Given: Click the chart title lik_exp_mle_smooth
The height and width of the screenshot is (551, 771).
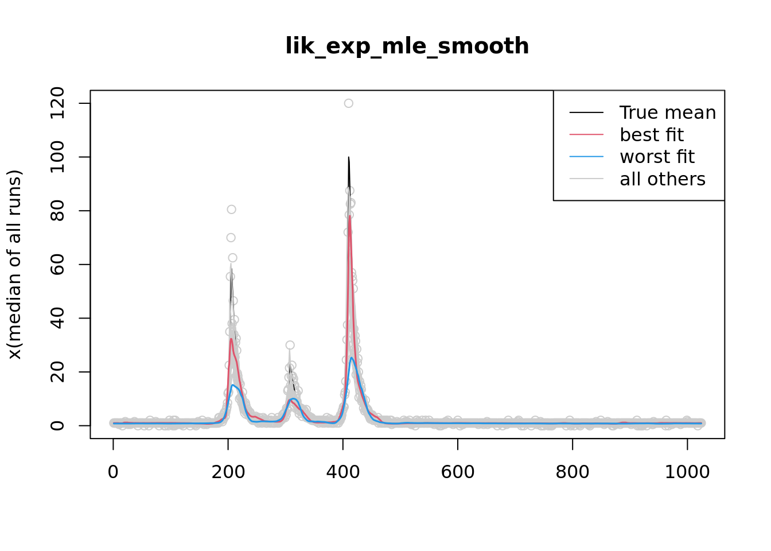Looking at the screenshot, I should point(407,46).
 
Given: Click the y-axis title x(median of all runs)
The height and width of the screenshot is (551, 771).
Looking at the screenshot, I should point(14,264).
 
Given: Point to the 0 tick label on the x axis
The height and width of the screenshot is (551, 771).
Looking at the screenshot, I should point(113,472).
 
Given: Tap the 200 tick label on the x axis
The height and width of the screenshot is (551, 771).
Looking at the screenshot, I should point(228,472).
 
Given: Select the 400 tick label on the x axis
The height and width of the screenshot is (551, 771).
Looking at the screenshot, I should point(342,472).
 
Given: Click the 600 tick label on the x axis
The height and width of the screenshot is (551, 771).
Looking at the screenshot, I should point(457,472).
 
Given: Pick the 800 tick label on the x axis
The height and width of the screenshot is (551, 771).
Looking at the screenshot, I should point(572,472).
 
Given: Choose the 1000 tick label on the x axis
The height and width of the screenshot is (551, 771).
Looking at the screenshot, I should point(687,472).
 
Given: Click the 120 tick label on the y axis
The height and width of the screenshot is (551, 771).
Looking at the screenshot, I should point(57,103).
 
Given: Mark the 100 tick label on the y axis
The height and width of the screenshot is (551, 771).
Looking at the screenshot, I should point(57,157).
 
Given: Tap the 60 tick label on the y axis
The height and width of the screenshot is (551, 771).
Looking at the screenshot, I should point(57,265).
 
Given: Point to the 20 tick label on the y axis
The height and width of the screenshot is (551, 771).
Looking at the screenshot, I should point(57,372).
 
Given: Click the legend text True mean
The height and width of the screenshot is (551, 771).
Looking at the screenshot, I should point(667,112).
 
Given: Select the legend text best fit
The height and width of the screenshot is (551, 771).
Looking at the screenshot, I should point(651,135).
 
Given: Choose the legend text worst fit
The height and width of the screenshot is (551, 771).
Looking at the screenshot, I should point(657,157).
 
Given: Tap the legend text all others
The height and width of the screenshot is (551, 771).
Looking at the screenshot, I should point(662,179).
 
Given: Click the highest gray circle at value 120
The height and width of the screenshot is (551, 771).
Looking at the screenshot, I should point(348,103).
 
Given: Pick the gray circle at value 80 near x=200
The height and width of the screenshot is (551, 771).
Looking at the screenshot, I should point(231,209).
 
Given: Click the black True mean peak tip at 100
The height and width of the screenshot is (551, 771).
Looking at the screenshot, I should point(348,158).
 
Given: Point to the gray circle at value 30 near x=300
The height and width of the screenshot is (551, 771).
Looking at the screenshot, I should point(290,345).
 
